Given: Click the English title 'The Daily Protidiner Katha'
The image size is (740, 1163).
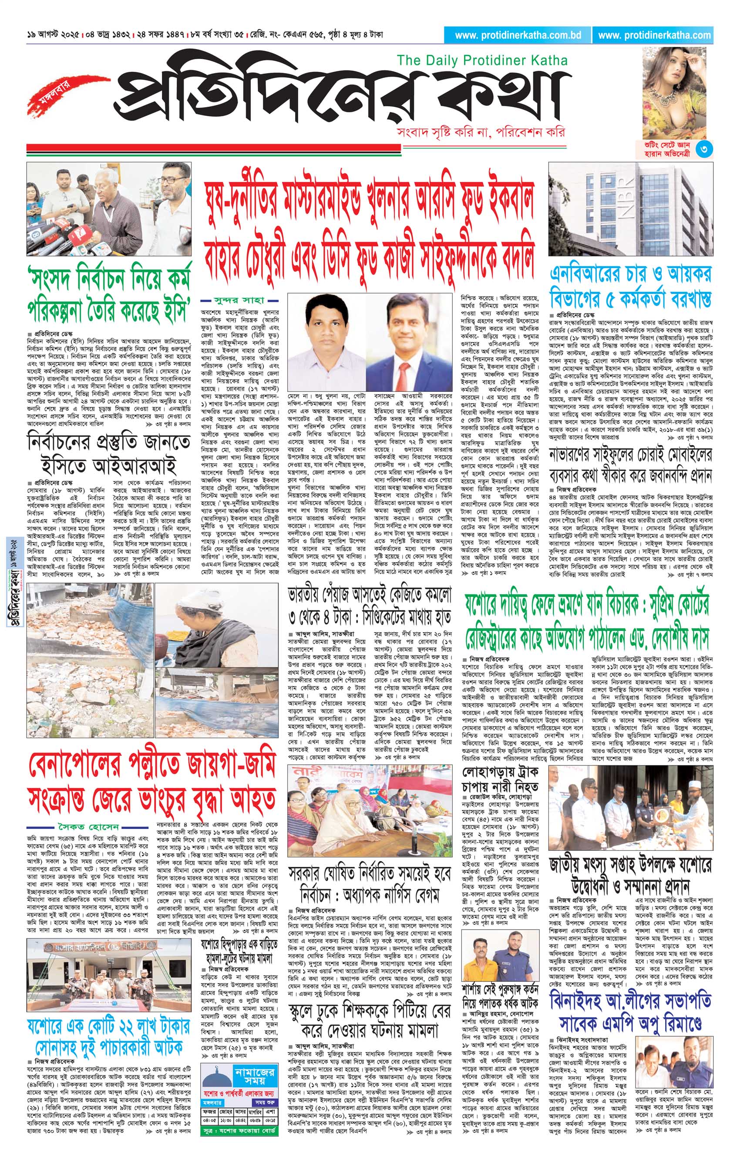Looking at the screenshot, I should pos(482,61).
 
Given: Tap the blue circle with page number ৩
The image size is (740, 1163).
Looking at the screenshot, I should pos(706,150).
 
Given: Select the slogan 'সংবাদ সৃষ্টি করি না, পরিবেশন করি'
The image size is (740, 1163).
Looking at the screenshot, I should pos(479,132).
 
